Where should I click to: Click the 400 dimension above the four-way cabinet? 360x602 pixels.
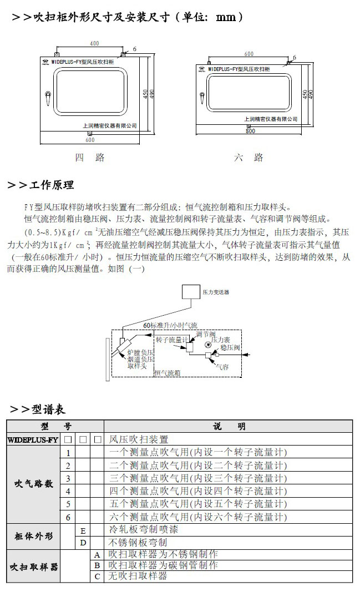[95, 43]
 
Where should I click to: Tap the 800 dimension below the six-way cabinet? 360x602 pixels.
[250, 131]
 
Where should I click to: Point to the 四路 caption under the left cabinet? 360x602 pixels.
[90, 158]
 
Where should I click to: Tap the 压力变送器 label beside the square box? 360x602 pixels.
[216, 291]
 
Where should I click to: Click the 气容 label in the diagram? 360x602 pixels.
[221, 366]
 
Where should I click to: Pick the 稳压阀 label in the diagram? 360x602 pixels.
[229, 347]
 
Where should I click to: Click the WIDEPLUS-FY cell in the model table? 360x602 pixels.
[32, 439]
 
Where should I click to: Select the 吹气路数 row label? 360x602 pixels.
[33, 484]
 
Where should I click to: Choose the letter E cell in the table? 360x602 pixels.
[83, 530]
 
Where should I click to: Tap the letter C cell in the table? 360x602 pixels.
[97, 576]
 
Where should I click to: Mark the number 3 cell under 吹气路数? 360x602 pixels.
[68, 478]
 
